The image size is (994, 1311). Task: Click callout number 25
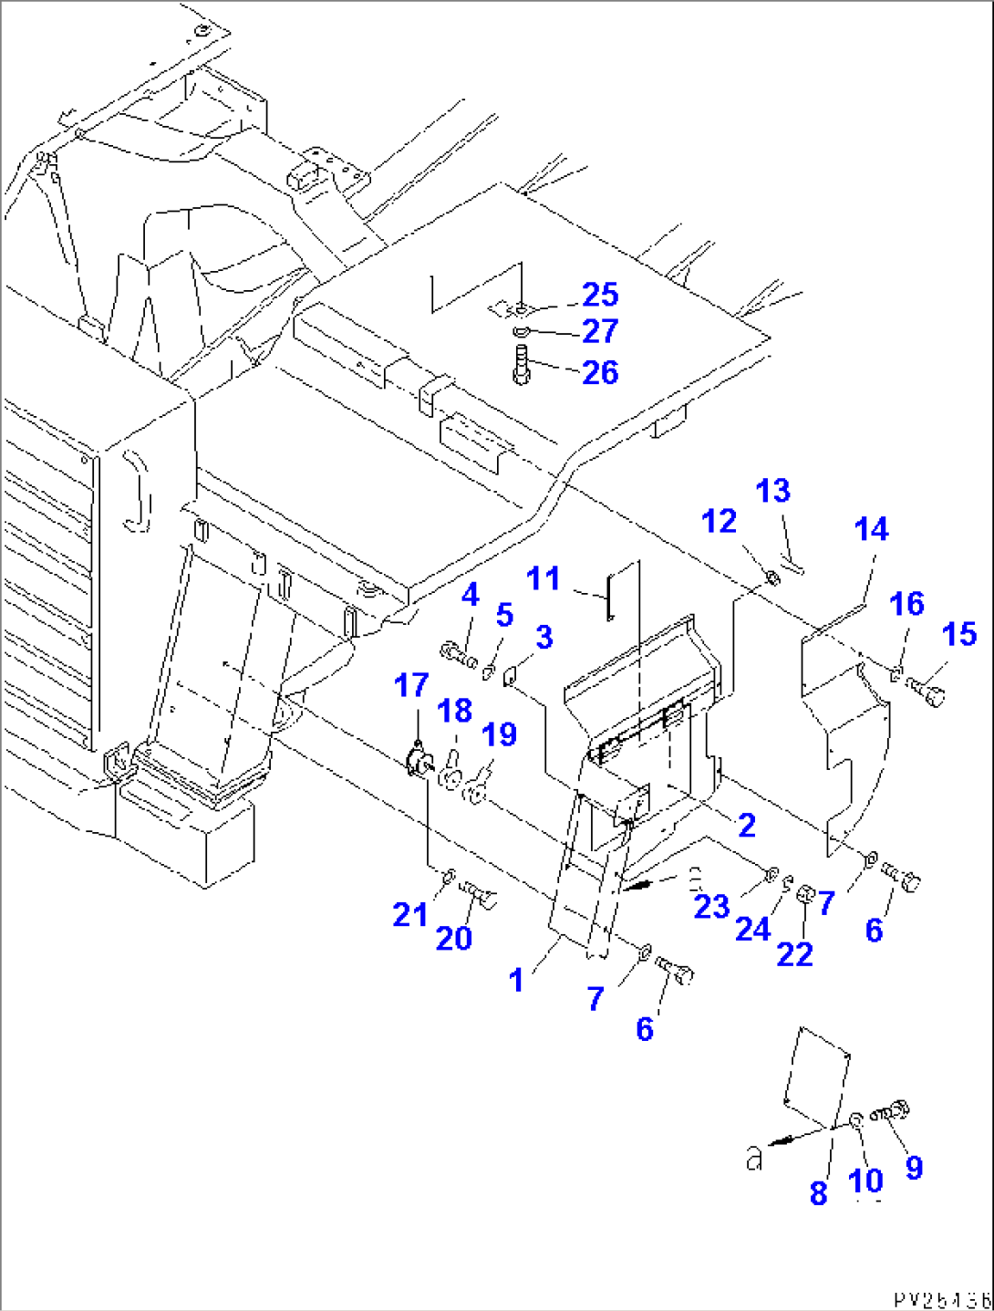click(x=600, y=295)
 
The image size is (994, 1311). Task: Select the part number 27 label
click(x=600, y=331)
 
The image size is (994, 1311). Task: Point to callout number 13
click(x=772, y=491)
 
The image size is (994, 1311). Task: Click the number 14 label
click(x=871, y=529)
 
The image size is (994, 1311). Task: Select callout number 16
click(x=906, y=604)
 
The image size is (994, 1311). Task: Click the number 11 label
click(x=544, y=578)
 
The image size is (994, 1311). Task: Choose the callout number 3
click(x=544, y=637)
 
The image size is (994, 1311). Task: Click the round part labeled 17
click(x=419, y=761)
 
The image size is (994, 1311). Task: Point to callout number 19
click(x=500, y=734)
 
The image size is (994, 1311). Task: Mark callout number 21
click(x=409, y=913)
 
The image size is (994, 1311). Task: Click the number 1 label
click(x=516, y=980)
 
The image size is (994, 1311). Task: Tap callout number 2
click(x=746, y=825)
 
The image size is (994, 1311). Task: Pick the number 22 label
click(x=794, y=953)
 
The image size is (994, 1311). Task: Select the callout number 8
click(x=818, y=1192)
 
